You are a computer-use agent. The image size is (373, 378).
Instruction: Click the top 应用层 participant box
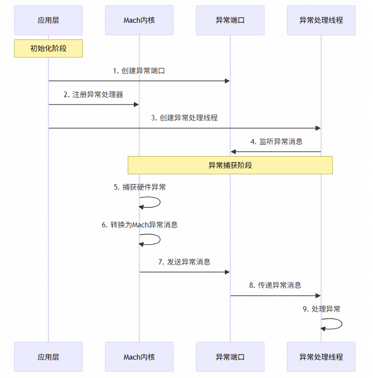(48, 20)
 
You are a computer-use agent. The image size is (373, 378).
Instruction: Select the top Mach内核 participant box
(139, 20)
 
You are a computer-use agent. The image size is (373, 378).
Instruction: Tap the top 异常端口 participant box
(230, 20)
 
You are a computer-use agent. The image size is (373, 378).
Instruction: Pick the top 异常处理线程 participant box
(321, 20)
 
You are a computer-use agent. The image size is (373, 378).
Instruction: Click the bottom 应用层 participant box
(48, 357)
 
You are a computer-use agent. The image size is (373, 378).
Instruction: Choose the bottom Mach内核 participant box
(139, 357)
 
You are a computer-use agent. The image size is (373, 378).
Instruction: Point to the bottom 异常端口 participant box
(230, 357)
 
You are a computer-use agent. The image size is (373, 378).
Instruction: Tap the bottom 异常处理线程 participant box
(321, 357)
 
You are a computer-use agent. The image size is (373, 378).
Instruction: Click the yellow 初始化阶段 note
(48, 49)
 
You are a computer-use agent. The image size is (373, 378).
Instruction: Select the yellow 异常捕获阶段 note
(230, 165)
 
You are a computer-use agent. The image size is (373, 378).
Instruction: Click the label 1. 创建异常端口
(139, 71)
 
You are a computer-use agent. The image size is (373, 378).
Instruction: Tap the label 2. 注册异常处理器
(94, 95)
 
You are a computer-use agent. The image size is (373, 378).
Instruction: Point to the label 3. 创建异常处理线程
(185, 118)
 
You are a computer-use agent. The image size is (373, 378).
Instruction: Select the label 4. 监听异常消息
(276, 142)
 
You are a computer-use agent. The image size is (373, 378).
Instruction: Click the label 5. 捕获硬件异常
(140, 187)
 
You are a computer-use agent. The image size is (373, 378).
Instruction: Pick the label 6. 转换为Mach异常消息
(140, 225)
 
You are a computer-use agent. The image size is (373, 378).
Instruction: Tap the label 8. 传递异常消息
(275, 285)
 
